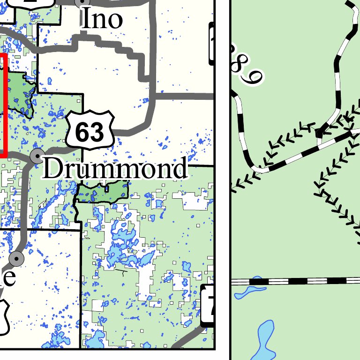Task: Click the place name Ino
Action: pos(102,20)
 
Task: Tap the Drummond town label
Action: pos(115,169)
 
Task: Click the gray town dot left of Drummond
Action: pos(37,155)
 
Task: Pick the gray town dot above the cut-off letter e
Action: pos(17,258)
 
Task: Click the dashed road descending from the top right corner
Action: pos(339,70)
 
